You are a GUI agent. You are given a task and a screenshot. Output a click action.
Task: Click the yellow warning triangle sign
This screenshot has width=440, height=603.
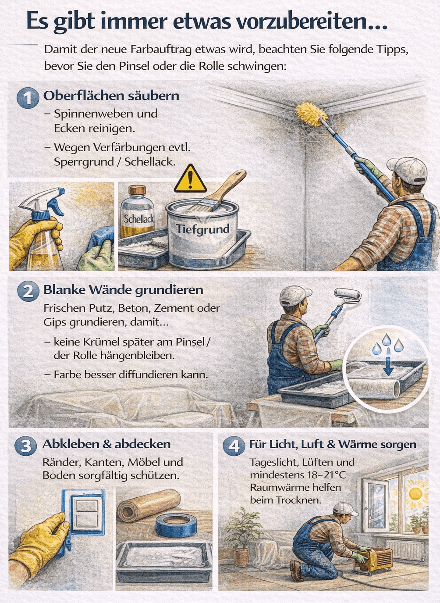pos(190,180)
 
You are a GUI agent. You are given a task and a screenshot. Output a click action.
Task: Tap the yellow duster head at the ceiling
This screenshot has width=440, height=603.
pos(311,112)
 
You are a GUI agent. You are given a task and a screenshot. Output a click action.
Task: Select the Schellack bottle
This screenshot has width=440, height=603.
pos(137,213)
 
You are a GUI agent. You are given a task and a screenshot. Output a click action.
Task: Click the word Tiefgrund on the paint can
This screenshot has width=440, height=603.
pos(202,229)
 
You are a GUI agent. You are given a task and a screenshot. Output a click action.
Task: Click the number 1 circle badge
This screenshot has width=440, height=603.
pos(28,97)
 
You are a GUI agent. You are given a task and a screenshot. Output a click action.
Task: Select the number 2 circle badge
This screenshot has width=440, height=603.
pos(28,291)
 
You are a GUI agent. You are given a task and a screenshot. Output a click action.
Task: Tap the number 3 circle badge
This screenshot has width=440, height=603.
pos(25,446)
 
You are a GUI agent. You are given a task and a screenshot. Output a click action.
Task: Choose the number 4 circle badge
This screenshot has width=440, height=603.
pos(234,446)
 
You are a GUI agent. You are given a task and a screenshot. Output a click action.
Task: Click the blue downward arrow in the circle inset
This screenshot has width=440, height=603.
pos(388,365)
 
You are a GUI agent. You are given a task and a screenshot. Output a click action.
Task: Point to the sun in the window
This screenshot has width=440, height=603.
pos(415,493)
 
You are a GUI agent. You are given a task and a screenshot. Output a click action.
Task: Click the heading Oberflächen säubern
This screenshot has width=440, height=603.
pos(111,96)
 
